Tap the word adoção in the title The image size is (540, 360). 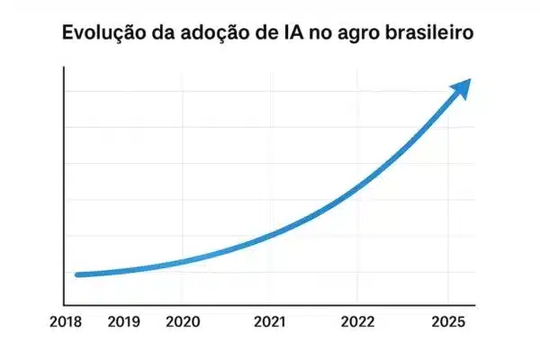pyautogui.click(x=222, y=34)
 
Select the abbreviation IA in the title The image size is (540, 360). pyautogui.click(x=298, y=34)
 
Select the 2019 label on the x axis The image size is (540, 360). pyautogui.click(x=124, y=322)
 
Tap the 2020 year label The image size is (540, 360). pyautogui.click(x=183, y=322)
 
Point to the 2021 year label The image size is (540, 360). pyautogui.click(x=270, y=322)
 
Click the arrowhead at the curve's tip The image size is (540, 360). pyautogui.click(x=462, y=88)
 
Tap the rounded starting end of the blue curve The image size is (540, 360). pyautogui.click(x=78, y=274)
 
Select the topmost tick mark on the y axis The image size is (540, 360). pyautogui.click(x=66, y=91)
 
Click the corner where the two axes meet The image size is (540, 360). pyautogui.click(x=64, y=306)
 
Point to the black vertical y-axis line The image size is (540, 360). pyautogui.click(x=64, y=198)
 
